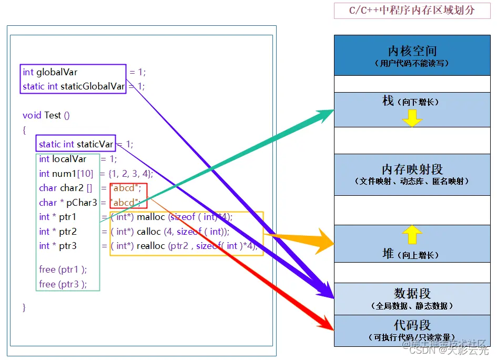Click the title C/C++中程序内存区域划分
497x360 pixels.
point(412,10)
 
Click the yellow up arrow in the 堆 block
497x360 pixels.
point(412,234)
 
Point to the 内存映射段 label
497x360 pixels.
point(412,169)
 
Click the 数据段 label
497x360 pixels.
point(412,294)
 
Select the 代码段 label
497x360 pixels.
point(412,325)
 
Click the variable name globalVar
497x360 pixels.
point(57,72)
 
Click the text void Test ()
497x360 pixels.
point(46,115)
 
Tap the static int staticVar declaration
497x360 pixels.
point(76,144)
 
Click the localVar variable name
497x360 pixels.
point(69,159)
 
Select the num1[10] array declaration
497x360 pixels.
point(67,174)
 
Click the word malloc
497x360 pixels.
point(151,217)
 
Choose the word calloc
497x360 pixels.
point(149,232)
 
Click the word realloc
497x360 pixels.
point(151,246)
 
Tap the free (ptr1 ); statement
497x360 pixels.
point(63,269)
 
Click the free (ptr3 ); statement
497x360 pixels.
point(63,284)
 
